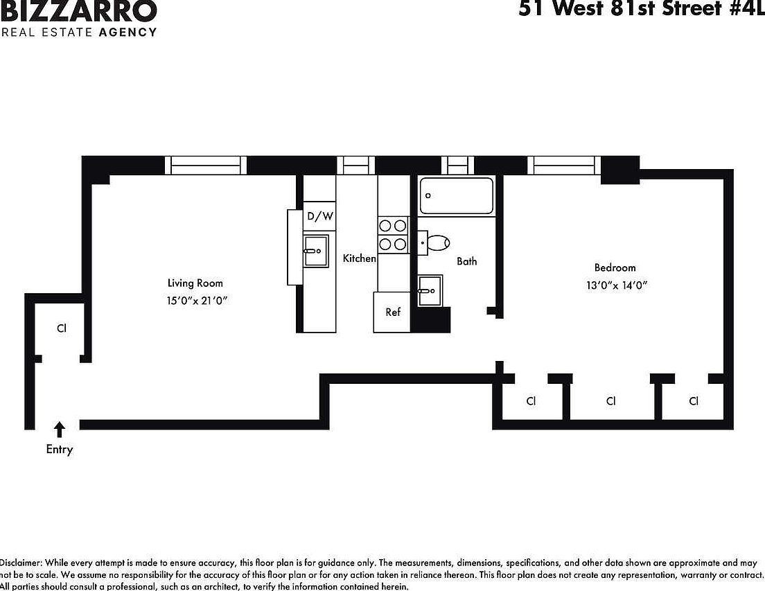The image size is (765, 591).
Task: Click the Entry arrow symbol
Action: point(60,430)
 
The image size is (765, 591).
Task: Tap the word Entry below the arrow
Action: point(60,450)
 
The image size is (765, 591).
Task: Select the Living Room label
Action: point(195,283)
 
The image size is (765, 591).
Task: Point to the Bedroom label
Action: point(615,267)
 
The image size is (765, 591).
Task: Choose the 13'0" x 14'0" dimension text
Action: point(616,285)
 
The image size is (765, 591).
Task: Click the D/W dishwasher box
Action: point(320,216)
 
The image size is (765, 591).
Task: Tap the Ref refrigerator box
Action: point(393,312)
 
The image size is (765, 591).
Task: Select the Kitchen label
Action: point(360,258)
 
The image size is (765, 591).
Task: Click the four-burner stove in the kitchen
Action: point(392,234)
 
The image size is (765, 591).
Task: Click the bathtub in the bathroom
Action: point(457,195)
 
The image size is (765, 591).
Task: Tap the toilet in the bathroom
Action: point(435,242)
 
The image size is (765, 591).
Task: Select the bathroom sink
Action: point(430,290)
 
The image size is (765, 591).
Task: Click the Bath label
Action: point(466,261)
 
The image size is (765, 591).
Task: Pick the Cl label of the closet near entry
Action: point(62,328)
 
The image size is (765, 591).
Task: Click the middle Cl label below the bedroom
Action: point(610,401)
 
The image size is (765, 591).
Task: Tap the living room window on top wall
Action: point(205,165)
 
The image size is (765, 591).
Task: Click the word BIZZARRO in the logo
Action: point(79,12)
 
